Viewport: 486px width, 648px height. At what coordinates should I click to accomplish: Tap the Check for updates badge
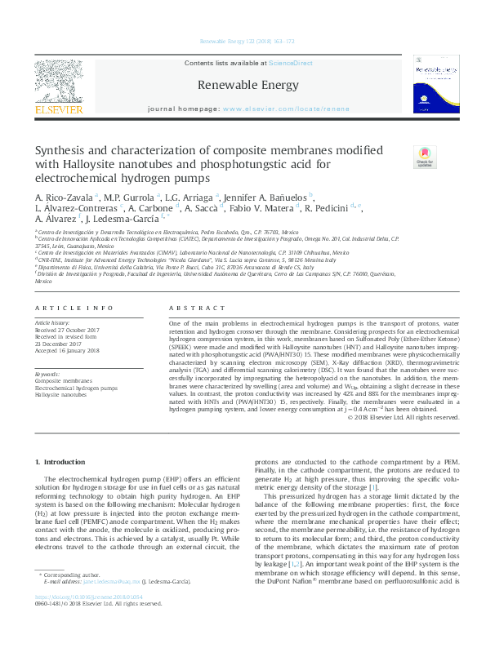pyautogui.click(x=424, y=158)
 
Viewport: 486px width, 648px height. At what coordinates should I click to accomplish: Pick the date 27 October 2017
pyautogui.click(x=75, y=330)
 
